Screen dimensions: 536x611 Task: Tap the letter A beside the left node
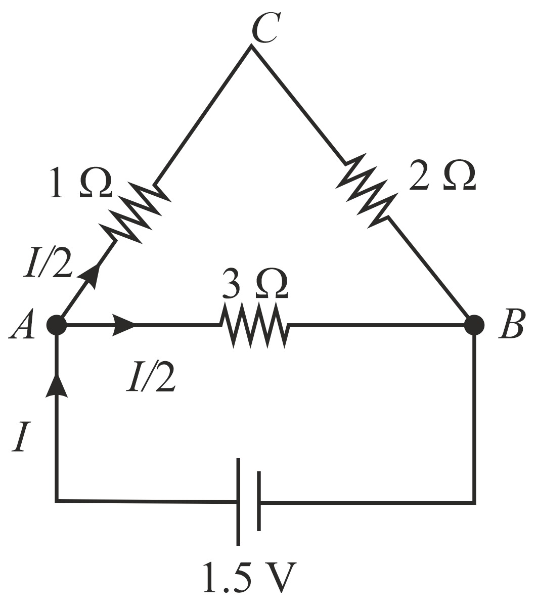21,326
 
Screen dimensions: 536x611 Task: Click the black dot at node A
57,325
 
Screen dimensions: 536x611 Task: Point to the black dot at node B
474,325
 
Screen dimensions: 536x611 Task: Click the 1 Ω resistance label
81,184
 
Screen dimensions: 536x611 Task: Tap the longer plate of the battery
239,502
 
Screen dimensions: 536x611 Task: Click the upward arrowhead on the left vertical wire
56,387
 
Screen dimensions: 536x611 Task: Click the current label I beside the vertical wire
20,438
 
